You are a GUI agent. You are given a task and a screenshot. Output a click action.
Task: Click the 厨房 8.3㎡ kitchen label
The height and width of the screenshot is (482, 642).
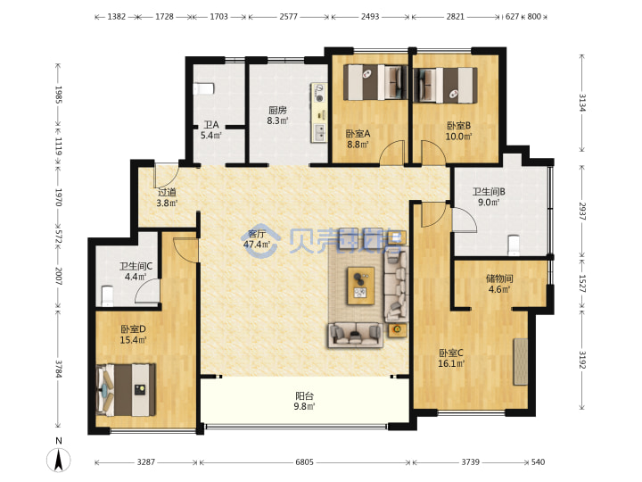tap(277, 115)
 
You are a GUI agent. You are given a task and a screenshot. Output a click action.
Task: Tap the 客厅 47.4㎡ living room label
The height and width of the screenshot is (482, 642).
tap(256, 239)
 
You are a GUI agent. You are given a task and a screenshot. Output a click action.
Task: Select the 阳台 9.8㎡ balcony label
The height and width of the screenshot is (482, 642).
tap(304, 402)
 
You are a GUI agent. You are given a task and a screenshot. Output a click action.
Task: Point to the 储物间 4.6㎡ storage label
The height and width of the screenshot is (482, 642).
tap(499, 284)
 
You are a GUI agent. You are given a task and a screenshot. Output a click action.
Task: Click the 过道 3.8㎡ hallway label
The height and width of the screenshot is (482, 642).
tap(167, 197)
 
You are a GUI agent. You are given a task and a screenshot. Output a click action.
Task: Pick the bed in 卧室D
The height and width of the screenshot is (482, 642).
tap(126, 390)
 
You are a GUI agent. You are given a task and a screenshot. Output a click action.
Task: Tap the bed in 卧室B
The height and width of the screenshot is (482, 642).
tap(446, 85)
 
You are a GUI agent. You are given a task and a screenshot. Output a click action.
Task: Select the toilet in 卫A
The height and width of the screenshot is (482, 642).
tap(203, 88)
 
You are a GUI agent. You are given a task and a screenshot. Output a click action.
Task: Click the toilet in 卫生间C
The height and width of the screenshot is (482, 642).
tap(107, 296)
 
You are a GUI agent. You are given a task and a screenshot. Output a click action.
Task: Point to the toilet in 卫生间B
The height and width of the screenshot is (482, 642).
tap(514, 245)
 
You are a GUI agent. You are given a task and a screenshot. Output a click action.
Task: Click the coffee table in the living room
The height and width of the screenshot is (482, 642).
tap(361, 286)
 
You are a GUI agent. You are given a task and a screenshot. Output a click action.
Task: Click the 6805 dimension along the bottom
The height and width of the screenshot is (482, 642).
tap(304, 462)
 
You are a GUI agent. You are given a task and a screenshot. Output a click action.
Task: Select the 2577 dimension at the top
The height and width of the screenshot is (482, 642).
tap(288, 17)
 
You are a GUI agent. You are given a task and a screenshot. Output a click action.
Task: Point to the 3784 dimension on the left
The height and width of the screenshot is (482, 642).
tap(59, 369)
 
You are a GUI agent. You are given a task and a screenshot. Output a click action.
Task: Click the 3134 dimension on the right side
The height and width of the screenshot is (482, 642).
tap(581, 103)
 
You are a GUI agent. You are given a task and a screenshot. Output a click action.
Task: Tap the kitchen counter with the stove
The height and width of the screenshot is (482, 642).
tap(319, 112)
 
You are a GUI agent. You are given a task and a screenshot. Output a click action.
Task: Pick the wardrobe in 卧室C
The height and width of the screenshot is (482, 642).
tap(521, 361)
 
